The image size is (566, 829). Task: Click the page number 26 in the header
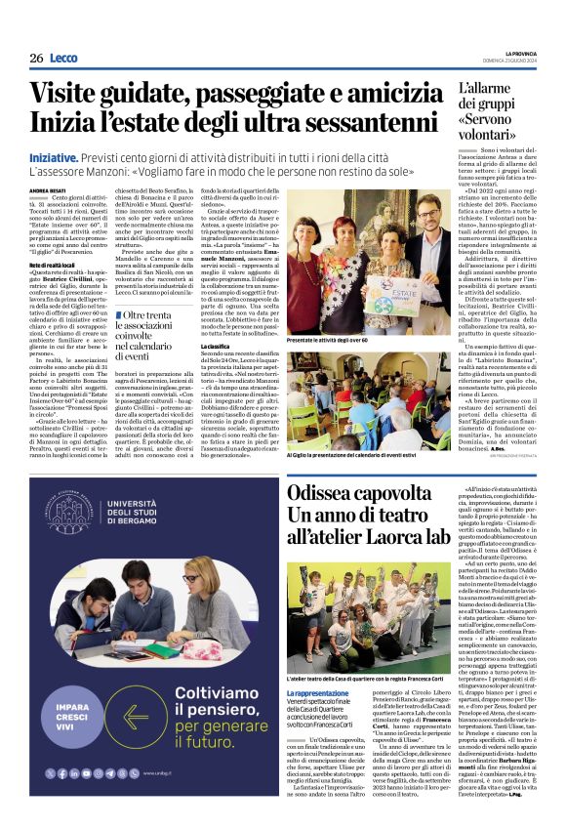[35, 59]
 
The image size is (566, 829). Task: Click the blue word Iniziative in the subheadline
[54, 157]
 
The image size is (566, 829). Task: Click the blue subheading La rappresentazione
[318, 721]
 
